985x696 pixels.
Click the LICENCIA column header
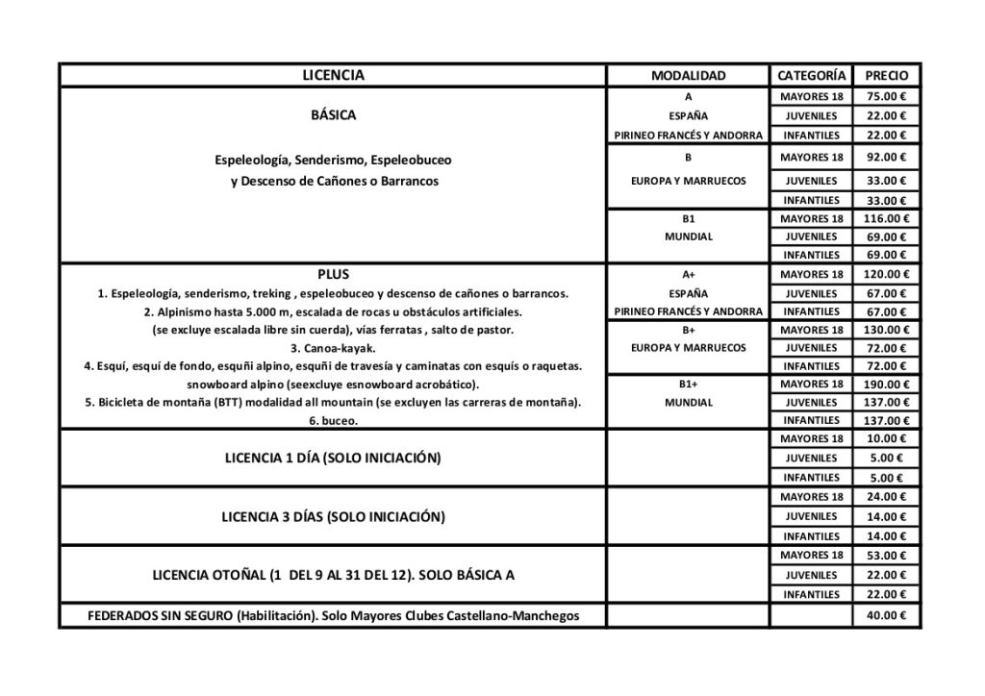point(333,75)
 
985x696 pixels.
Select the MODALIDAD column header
point(688,75)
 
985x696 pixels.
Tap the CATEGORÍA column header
point(811,75)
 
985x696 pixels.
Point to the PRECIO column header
point(887,75)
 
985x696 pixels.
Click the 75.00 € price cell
point(887,96)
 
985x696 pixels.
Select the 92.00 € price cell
point(887,157)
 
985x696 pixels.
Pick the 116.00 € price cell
point(887,218)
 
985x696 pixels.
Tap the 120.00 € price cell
point(887,275)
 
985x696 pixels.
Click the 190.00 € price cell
point(887,384)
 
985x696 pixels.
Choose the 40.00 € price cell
point(887,616)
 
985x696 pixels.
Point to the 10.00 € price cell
point(887,439)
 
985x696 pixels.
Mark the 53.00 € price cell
point(887,556)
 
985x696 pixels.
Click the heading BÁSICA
point(333,115)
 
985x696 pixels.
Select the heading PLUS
point(333,274)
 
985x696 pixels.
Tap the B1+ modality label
point(688,384)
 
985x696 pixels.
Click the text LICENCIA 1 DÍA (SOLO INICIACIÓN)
point(333,459)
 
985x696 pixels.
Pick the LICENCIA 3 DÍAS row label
point(333,517)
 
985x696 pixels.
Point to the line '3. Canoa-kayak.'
point(333,348)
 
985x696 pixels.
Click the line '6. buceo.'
point(333,420)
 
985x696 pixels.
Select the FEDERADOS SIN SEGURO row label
point(333,616)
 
